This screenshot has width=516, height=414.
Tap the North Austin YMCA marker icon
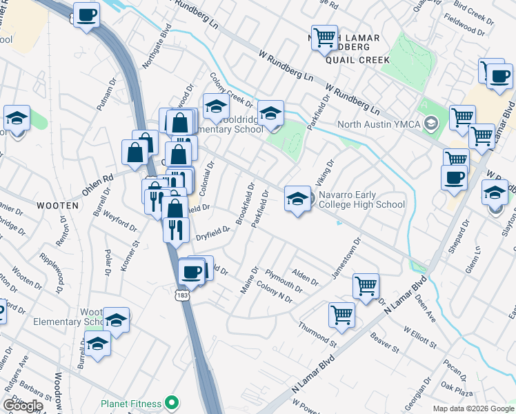(x=431, y=124)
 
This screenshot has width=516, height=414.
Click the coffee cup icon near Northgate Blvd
(x=87, y=15)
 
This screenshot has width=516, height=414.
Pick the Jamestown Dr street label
(x=346, y=259)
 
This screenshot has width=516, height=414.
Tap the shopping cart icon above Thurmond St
(x=342, y=315)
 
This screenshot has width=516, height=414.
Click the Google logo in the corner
(x=23, y=406)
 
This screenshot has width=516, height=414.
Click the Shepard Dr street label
(x=459, y=237)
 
